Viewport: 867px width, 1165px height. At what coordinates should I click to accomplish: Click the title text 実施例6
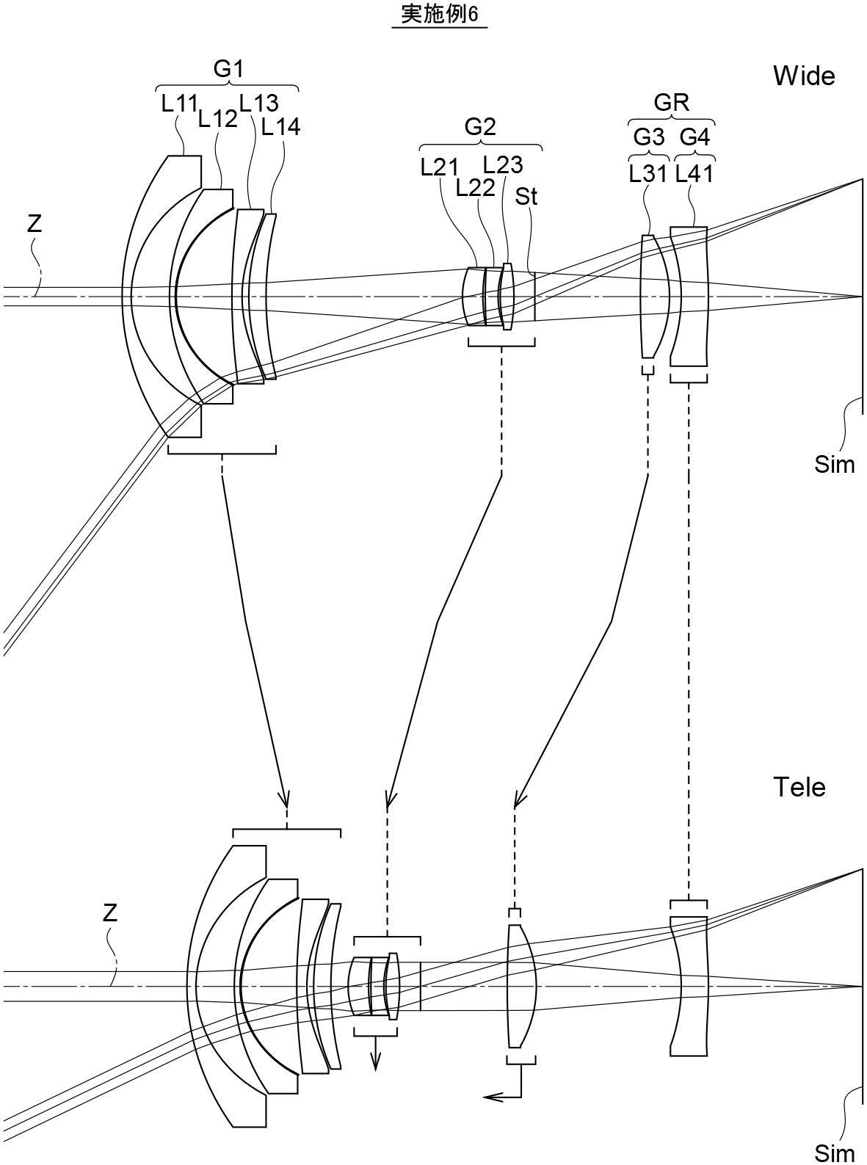pyautogui.click(x=440, y=14)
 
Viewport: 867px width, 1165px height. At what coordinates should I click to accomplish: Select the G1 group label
pyautogui.click(x=228, y=69)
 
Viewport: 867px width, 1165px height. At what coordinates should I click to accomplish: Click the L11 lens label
pyautogui.click(x=179, y=104)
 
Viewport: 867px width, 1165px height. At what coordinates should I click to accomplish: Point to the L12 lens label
pyautogui.click(x=217, y=119)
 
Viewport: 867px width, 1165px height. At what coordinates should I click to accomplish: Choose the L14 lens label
pyautogui.click(x=280, y=126)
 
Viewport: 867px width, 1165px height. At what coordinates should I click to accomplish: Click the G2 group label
pyautogui.click(x=480, y=126)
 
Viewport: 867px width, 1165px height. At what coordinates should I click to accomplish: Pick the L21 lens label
pyautogui.click(x=439, y=167)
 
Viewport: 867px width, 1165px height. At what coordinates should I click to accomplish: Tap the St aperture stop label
pyautogui.click(x=526, y=197)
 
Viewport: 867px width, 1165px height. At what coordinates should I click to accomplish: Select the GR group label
pyautogui.click(x=672, y=103)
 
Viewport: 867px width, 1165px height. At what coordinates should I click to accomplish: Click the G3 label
pyautogui.click(x=649, y=137)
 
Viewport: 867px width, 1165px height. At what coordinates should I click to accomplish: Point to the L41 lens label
pyautogui.click(x=694, y=173)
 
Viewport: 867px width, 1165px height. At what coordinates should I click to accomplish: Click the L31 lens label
pyautogui.click(x=648, y=173)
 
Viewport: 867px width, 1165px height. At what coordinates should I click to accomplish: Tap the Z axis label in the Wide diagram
pyautogui.click(x=35, y=225)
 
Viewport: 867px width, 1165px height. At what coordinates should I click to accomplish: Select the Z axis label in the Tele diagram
pyautogui.click(x=109, y=913)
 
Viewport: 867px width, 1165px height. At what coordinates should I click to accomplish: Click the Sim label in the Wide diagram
pyautogui.click(x=835, y=465)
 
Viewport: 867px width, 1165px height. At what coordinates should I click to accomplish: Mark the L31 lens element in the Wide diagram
pyautogui.click(x=656, y=297)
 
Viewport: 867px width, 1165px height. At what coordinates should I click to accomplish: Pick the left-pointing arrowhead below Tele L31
pyautogui.click(x=492, y=1096)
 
